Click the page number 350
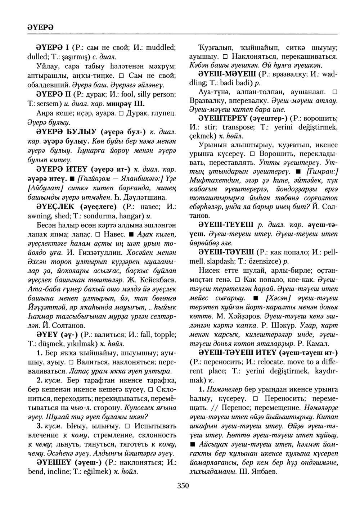coord(183,486)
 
